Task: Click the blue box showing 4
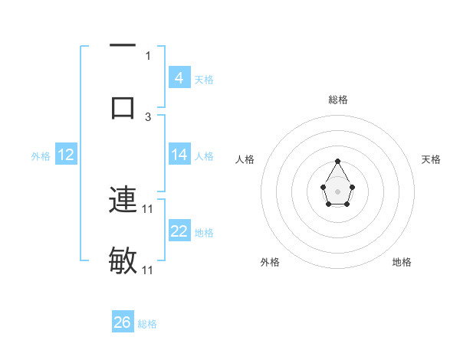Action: (x=179, y=77)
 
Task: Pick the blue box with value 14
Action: (x=179, y=155)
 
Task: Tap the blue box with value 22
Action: (x=179, y=231)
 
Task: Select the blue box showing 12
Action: (x=66, y=155)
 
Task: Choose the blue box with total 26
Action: (x=123, y=322)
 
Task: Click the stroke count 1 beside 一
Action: (x=148, y=55)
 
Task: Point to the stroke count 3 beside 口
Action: (x=148, y=116)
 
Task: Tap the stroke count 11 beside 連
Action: (x=149, y=208)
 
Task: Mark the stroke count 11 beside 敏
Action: (x=149, y=270)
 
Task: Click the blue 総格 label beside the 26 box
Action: (x=147, y=324)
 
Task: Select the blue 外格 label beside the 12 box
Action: (x=41, y=156)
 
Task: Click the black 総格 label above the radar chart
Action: (x=338, y=100)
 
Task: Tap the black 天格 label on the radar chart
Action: (x=432, y=159)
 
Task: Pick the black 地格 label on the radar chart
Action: (x=402, y=262)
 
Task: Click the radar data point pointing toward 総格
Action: (x=337, y=161)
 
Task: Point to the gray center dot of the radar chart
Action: (x=337, y=191)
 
